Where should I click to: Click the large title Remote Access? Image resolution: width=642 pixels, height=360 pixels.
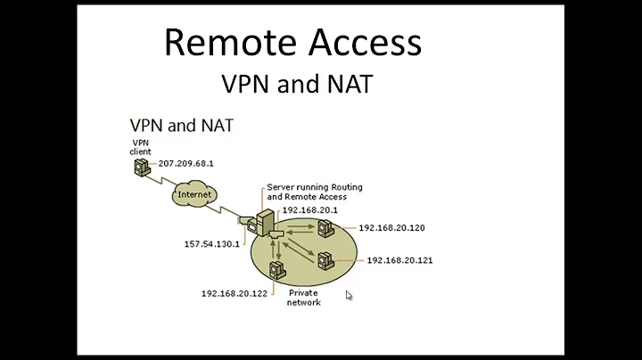(292, 43)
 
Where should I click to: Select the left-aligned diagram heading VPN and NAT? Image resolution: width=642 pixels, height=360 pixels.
(182, 125)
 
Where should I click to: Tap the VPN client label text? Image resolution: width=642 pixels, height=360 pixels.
(141, 146)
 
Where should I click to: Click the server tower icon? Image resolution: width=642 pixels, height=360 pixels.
(265, 223)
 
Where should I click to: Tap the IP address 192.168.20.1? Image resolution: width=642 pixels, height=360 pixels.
(308, 211)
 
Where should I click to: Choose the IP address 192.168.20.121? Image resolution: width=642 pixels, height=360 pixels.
(399, 261)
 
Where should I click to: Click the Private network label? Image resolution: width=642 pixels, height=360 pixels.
(302, 298)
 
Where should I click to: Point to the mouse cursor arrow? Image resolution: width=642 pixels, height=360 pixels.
(349, 295)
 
